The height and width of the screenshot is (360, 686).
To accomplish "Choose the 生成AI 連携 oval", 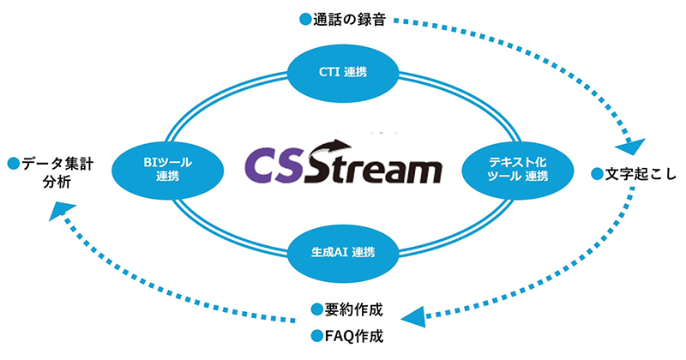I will (342, 253).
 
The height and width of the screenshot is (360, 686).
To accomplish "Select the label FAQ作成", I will (353, 335).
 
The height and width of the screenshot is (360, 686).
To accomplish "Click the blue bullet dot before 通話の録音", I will (304, 18).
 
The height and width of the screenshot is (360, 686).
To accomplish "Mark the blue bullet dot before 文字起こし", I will (597, 175).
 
